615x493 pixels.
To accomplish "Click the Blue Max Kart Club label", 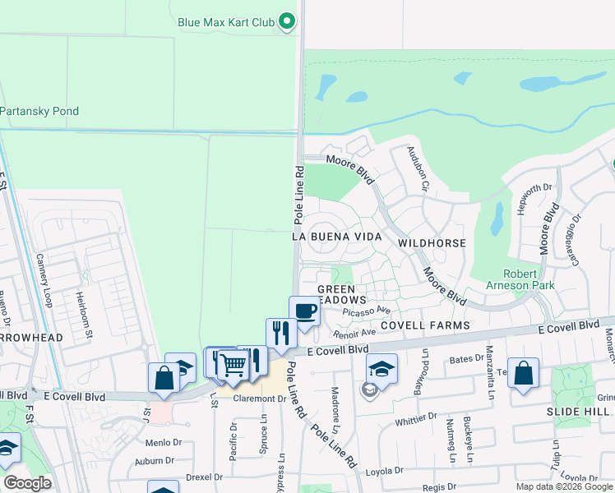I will coord(225,22).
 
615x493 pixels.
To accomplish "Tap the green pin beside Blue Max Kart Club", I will coord(286,21).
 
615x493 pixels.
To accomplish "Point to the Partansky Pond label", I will coord(39,111).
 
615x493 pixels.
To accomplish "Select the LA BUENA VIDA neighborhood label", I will coord(339,237).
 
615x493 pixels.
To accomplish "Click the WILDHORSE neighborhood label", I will coord(432,243).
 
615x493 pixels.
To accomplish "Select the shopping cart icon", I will coord(234,364).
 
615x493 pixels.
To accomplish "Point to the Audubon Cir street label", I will coord(418,169).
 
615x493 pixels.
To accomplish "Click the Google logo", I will coord(26,483).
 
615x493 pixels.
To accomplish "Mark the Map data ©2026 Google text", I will coord(563,486).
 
